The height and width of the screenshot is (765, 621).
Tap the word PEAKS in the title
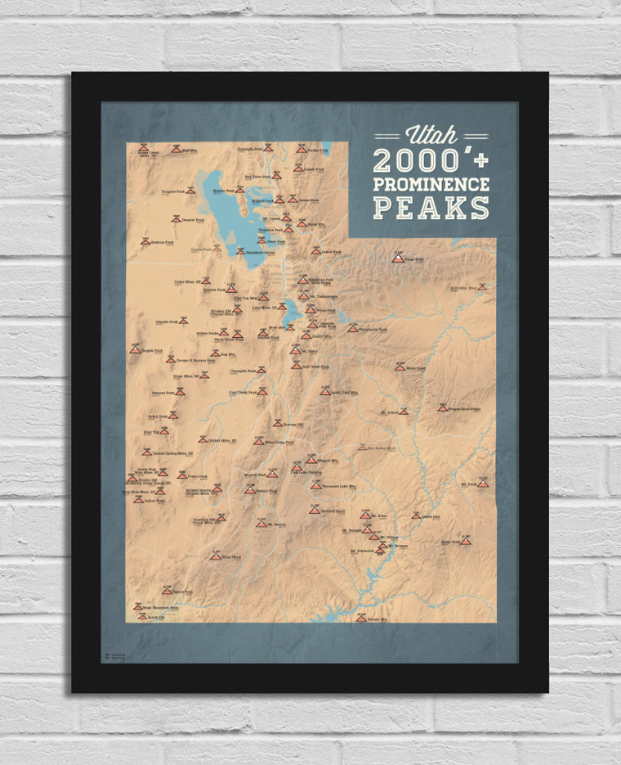431,208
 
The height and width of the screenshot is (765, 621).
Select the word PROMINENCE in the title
431,184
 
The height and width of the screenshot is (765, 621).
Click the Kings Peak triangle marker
398,259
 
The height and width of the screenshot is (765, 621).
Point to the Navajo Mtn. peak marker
360,618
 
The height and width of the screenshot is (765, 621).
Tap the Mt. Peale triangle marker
483,484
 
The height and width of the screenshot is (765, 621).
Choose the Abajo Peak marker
465,541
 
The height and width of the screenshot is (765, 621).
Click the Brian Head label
230,557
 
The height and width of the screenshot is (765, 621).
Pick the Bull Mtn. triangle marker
175,151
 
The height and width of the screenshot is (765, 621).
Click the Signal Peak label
182,591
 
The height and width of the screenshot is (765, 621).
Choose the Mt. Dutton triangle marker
261,524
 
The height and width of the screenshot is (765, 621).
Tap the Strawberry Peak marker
352,329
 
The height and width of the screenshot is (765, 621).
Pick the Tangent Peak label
175,191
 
